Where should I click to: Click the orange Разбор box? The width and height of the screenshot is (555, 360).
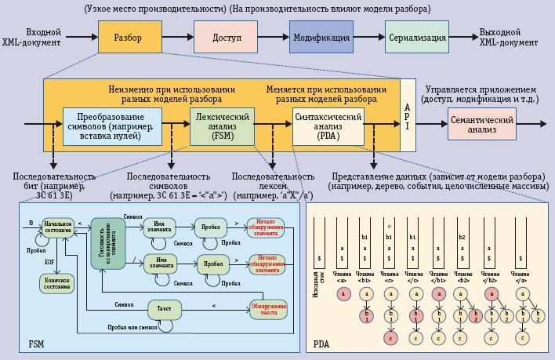coord(130,38)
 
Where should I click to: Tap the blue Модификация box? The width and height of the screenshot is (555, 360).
coord(321,38)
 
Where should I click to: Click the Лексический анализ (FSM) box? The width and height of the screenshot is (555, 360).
coord(223,125)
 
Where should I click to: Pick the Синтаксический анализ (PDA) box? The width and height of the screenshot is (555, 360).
coord(328,125)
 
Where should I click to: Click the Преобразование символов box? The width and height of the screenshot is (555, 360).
coord(112,125)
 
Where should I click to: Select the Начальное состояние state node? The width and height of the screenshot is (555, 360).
coord(58,227)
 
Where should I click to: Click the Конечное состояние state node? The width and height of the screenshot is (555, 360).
coord(58,283)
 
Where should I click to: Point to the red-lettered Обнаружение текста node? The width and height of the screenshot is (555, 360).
coord(265,308)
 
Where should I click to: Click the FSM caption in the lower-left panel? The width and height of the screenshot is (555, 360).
coord(37,344)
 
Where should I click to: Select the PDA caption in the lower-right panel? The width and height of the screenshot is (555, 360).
coord(321,344)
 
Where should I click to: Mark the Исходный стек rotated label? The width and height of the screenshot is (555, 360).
coord(317,275)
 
